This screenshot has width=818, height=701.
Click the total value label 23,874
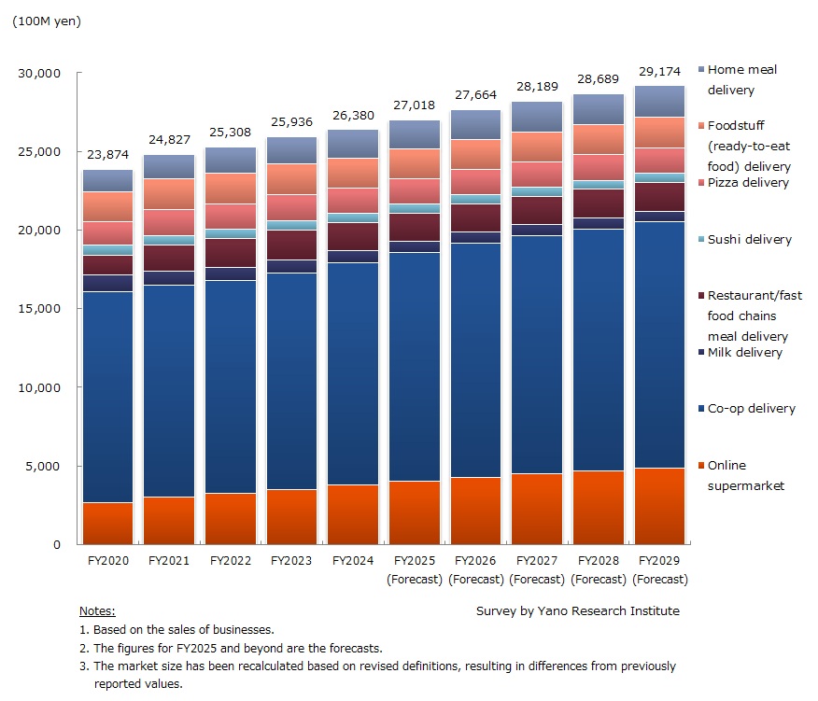pyautogui.click(x=107, y=156)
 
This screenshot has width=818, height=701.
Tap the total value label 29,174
pyautogui.click(x=660, y=71)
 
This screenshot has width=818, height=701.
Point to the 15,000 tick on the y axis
pyautogui.click(x=42, y=308)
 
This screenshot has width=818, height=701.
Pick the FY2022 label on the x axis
pyautogui.click(x=230, y=561)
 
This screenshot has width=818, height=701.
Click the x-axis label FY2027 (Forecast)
pyautogui.click(x=537, y=569)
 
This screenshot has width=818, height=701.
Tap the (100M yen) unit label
pyautogui.click(x=46, y=21)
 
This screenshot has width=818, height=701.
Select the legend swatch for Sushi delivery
pyautogui.click(x=698, y=240)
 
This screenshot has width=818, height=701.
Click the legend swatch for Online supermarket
pyautogui.click(x=698, y=466)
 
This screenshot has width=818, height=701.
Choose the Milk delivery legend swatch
pyautogui.click(x=698, y=353)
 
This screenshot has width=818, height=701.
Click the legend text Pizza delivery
pyautogui.click(x=748, y=183)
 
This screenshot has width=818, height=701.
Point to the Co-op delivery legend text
pyautogui.click(x=751, y=409)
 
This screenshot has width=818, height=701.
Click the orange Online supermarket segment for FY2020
pyautogui.click(x=107, y=523)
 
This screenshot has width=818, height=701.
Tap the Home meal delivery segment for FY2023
pyautogui.click(x=291, y=150)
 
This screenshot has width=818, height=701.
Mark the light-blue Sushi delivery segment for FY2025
pyautogui.click(x=414, y=208)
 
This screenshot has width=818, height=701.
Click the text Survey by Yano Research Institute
pyautogui.click(x=577, y=610)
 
